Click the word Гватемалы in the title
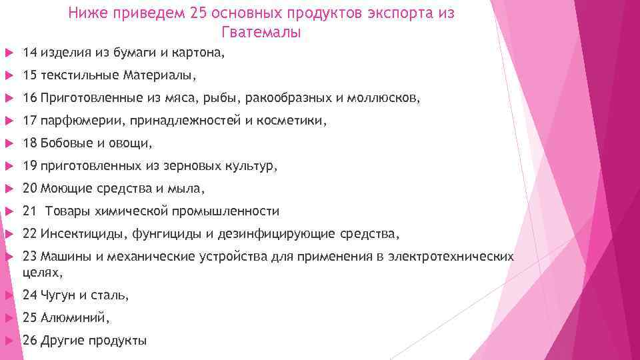point(260,33)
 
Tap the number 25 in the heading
point(199,14)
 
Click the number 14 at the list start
point(29,52)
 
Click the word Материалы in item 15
point(159,75)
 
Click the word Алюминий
point(73,317)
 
